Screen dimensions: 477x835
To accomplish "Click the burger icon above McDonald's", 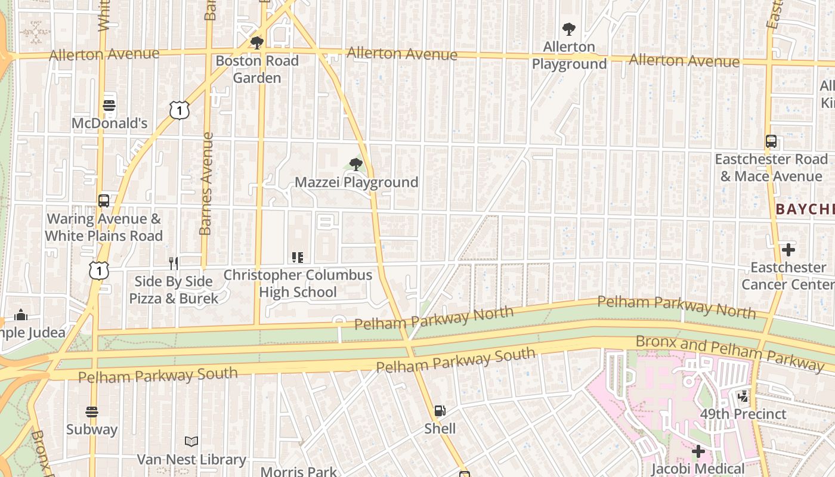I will [x=109, y=106].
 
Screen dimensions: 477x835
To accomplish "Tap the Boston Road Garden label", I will [x=256, y=69].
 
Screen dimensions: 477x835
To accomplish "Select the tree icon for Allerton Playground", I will [x=569, y=29].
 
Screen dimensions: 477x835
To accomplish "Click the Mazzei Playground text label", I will [x=356, y=182].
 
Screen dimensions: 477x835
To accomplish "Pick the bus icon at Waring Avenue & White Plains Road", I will [x=104, y=201].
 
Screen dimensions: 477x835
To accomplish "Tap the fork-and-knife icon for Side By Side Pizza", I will [x=174, y=263].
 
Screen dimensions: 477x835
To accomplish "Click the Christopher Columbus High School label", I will [x=298, y=284].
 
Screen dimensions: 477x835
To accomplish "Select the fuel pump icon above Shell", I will [x=440, y=411].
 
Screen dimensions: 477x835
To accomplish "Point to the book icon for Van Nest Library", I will [x=191, y=442].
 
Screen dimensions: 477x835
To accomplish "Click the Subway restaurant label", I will [x=92, y=429].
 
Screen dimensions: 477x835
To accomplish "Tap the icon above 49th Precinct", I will [x=743, y=396].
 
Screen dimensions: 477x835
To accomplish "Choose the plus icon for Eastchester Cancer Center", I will [x=788, y=249].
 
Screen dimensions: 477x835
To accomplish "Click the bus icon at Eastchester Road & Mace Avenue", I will [x=771, y=141].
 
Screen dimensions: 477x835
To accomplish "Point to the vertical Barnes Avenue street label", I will [x=206, y=184].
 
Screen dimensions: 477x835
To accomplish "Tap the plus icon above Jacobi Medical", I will [x=698, y=451].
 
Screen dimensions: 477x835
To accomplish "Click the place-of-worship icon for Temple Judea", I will [x=21, y=314].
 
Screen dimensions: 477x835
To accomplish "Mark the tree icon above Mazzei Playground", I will [x=356, y=164].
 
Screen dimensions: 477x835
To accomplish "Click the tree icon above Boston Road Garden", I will [x=256, y=42].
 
